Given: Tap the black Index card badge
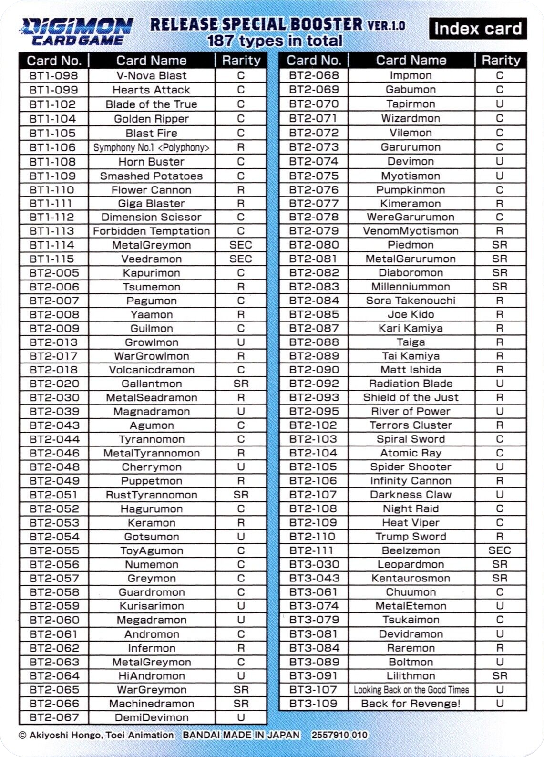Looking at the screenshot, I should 478,29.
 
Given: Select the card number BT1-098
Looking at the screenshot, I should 53,75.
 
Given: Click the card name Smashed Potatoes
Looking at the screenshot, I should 151,176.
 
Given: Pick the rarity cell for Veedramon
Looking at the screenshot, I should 241,259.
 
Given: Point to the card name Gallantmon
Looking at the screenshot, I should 151,384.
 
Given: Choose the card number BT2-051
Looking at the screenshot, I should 53,495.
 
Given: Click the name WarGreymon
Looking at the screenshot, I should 151,690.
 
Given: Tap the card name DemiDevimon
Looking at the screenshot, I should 151,717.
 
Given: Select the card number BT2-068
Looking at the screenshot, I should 314,75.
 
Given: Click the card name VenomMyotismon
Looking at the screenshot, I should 411,231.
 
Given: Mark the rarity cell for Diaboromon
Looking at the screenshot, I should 500,273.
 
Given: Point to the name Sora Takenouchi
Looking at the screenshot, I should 411,301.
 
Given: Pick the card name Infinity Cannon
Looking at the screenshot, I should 411,481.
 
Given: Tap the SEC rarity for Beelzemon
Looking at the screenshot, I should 500,550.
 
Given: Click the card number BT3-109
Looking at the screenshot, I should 314,704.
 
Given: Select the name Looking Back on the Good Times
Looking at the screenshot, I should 411,690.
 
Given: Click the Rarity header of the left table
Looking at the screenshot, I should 241,60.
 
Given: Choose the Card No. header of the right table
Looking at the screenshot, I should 314,60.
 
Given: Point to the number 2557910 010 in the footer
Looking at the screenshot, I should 339,735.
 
